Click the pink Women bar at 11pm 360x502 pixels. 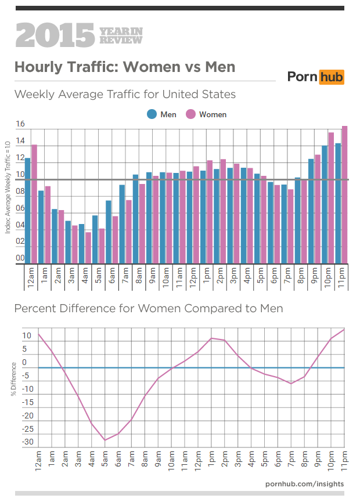pyautogui.click(x=344, y=194)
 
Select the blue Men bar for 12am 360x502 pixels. pyautogui.click(x=27, y=210)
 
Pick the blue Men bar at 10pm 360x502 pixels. pyautogui.click(x=325, y=204)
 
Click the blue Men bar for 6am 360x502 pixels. pyautogui.click(x=109, y=232)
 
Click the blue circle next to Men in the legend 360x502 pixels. pyautogui.click(x=152, y=114)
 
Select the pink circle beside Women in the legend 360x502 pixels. pyautogui.click(x=190, y=114)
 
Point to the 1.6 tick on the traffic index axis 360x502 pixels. pyautogui.click(x=20, y=124)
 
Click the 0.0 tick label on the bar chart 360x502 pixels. pyautogui.click(x=20, y=258)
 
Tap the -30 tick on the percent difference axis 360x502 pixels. pyautogui.click(x=27, y=443)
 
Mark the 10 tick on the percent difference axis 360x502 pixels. pyautogui.click(x=27, y=336)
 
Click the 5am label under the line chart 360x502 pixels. pyautogui.click(x=105, y=460)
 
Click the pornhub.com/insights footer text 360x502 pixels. pyautogui.click(x=304, y=483)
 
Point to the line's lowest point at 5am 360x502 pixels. pyautogui.click(x=105, y=440)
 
